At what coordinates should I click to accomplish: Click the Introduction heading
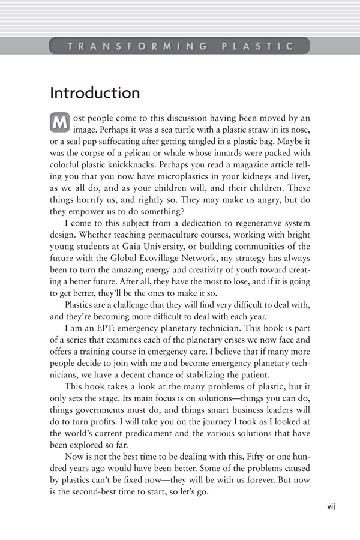tap(95, 94)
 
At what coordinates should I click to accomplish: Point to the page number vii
tap(331, 506)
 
